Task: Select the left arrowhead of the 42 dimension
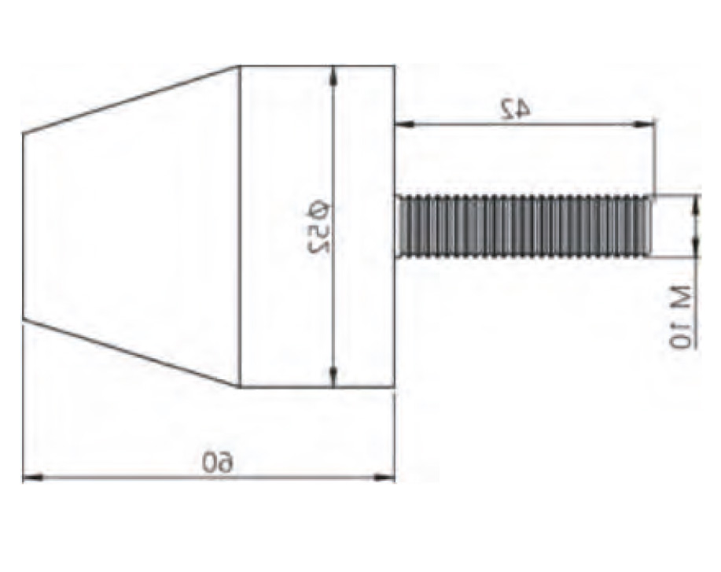pyautogui.click(x=402, y=124)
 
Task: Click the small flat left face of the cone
pyautogui.click(x=23, y=227)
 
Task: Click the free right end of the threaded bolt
pyautogui.click(x=650, y=226)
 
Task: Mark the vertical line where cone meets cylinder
pyautogui.click(x=239, y=227)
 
